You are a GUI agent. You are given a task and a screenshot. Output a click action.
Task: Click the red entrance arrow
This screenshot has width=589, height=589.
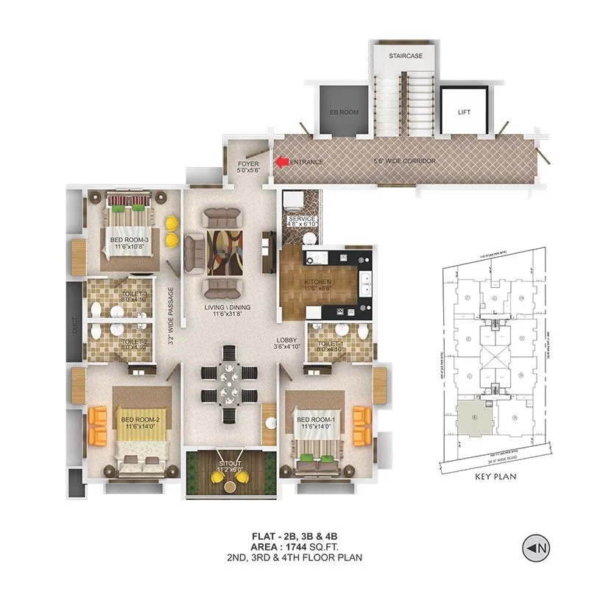coord(281,161)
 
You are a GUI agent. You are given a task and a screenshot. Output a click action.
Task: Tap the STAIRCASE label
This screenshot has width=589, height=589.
coord(406,55)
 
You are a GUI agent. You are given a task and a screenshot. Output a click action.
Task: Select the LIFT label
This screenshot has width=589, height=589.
coord(463,113)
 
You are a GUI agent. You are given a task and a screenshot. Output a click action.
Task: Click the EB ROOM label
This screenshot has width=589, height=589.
coord(343,113)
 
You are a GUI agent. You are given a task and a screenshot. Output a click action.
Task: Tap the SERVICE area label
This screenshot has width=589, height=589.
coord(302,219)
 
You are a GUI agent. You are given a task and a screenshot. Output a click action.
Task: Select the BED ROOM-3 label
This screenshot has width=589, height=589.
coord(130,240)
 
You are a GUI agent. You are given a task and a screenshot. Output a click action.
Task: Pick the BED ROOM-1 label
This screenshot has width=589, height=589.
coord(315,420)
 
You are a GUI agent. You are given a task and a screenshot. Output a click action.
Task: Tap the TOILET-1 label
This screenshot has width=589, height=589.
coord(329,344)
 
